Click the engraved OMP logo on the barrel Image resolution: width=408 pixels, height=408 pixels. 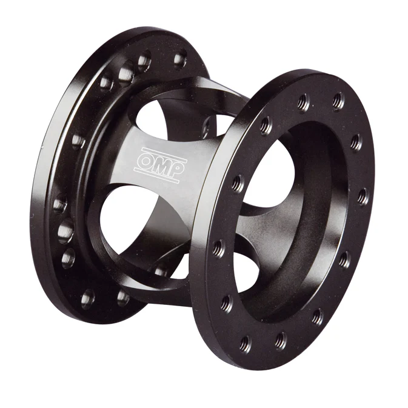coord(160,164)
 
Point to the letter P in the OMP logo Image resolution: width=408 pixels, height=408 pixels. coord(176,169)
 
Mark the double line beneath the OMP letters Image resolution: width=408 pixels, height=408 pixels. coord(157,175)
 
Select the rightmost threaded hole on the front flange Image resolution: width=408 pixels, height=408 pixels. coord(363,196)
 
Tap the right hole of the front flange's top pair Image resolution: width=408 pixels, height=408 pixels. coord(338,101)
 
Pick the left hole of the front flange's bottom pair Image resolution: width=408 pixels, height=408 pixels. coord(246,344)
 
